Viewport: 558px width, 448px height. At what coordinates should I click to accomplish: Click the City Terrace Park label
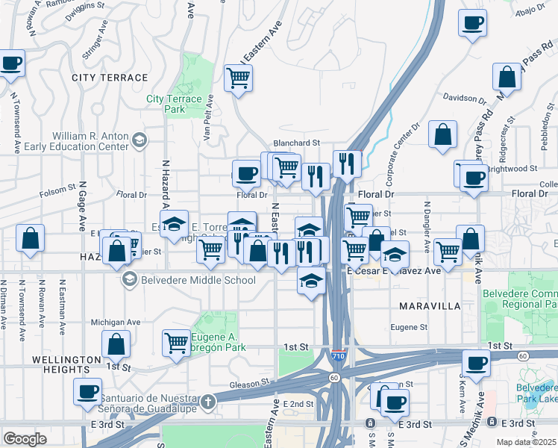(x=174, y=104)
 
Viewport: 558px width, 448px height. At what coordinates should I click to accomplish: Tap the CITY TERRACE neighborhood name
(x=110, y=78)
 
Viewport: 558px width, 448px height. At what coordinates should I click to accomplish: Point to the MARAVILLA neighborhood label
(x=429, y=306)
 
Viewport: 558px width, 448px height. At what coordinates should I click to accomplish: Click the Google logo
(x=25, y=439)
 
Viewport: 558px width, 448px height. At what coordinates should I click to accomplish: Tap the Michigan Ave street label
(x=116, y=322)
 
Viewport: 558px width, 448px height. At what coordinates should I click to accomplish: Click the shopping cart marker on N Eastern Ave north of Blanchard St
(x=238, y=78)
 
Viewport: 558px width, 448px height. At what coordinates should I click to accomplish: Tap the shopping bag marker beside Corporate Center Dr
(x=442, y=134)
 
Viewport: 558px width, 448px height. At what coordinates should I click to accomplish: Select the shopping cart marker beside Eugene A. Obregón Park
(x=177, y=343)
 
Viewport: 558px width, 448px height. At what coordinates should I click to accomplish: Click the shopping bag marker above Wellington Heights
(x=116, y=344)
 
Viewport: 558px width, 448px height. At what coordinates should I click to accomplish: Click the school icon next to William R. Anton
(x=139, y=140)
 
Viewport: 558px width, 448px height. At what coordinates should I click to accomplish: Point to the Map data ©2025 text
(x=527, y=442)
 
